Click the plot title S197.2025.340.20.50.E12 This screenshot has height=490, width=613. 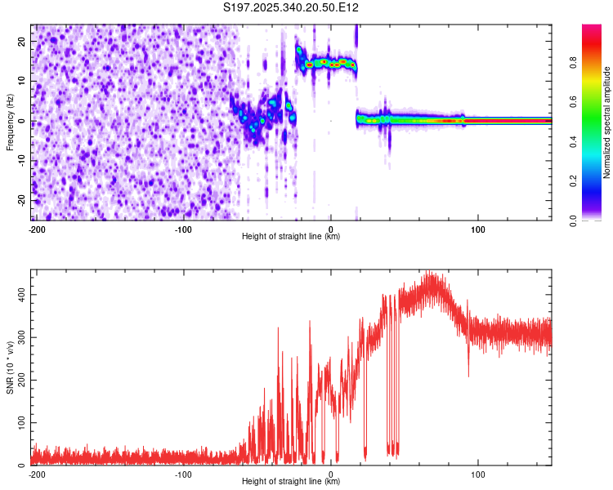coord(292,8)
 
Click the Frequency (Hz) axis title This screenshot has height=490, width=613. coord(10,122)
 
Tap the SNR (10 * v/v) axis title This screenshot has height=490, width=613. coord(10,367)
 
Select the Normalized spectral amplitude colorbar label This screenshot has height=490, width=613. coord(606,122)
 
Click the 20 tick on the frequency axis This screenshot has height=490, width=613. coord(22,42)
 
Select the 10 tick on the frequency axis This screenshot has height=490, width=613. coord(22,82)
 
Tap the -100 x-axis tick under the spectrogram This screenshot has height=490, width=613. coord(183,228)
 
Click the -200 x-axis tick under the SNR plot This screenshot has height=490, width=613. coord(36,474)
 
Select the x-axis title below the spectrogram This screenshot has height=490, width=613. coord(291,236)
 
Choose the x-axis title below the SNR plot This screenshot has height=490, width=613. coord(291,482)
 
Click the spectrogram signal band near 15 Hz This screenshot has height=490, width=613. coord(327,62)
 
